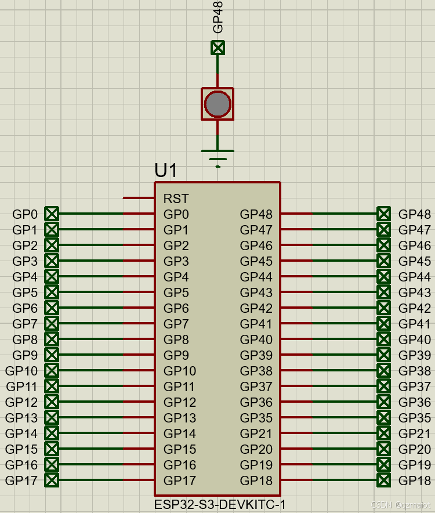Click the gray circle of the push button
point(217,104)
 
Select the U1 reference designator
point(166,171)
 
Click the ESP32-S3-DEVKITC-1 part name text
point(220,505)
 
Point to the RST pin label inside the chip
point(176,198)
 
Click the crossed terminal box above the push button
point(217,48)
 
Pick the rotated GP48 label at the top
point(218,17)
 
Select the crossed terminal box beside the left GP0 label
point(52,214)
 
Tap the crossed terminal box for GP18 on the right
point(383,480)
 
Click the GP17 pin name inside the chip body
point(180,480)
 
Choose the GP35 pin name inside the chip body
point(256,417)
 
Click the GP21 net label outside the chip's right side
point(415,433)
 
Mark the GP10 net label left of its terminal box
point(21,370)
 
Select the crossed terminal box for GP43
point(383,292)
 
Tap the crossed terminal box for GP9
point(52,355)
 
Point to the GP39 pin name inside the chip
point(256,355)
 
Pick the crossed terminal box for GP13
point(52,417)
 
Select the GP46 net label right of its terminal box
point(415,245)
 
